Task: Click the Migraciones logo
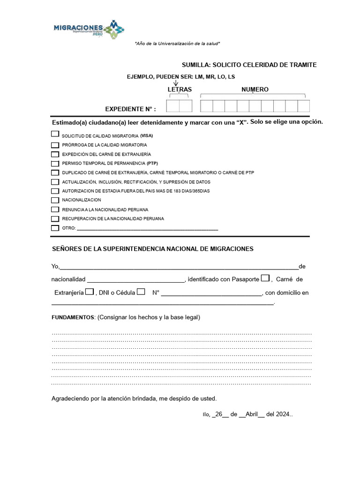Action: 89,29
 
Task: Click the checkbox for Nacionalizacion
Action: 55,200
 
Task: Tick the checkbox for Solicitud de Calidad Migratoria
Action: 54,134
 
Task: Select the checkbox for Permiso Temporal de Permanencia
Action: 55,164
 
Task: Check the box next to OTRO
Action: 55,228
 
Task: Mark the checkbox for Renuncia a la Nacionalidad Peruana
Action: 55,210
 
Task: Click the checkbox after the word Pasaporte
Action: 265,278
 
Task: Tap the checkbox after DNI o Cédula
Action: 141,292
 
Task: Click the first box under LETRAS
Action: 173,106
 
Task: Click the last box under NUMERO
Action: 304,106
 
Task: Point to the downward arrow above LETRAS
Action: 176,83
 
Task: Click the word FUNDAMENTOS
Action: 73,317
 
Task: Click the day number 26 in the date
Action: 218,414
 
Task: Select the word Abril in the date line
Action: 252,414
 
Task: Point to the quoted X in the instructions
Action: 241,122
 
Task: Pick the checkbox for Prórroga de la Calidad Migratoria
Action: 55,145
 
